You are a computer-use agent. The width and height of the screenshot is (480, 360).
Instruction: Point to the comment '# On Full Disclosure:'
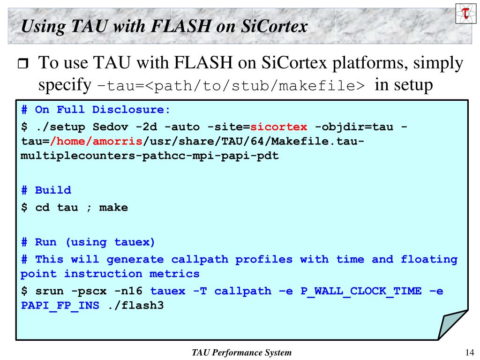[96, 110]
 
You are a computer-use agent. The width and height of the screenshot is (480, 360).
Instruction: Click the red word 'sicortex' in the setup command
[279, 127]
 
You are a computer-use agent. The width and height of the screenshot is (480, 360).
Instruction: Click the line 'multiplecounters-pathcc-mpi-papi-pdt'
[150, 156]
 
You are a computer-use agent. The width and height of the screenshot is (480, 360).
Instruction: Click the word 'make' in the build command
[113, 207]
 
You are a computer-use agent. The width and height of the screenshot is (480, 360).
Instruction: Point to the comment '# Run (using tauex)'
[88, 242]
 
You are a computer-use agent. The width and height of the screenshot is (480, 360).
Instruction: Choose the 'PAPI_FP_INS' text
[60, 306]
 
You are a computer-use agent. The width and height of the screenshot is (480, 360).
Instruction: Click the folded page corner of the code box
[450, 326]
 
